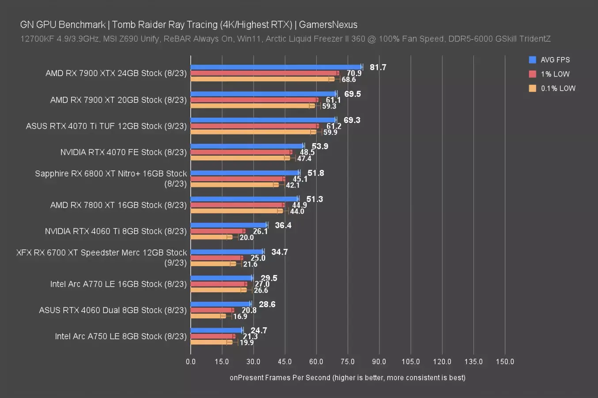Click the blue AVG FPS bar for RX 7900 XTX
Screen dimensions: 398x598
pos(276,67)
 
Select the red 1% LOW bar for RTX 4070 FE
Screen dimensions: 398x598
pos(241,152)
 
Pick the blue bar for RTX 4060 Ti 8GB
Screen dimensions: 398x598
pos(229,225)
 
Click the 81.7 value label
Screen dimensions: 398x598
pos(378,67)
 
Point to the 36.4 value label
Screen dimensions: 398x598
pos(283,226)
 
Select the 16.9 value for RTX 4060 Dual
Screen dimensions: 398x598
pos(240,316)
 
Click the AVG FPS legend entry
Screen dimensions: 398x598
pos(555,60)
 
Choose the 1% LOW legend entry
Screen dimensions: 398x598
pos(555,74)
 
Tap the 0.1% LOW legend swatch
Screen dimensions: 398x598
pos(533,88)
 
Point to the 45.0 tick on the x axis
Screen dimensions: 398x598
pos(285,361)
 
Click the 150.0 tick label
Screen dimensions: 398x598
pos(505,361)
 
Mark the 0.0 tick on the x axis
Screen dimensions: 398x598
pos(191,361)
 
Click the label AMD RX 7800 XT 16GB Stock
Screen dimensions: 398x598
pos(118,205)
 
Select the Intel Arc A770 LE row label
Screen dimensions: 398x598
pos(118,284)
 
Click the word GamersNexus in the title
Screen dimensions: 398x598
pos(328,25)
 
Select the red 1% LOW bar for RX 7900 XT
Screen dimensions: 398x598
pos(254,100)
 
